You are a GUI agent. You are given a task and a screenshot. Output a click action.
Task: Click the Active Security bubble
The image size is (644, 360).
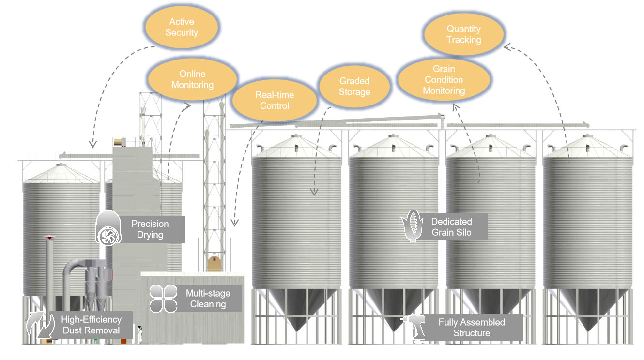[182, 28]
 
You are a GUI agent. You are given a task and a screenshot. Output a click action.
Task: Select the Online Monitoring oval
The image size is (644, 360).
[192, 79]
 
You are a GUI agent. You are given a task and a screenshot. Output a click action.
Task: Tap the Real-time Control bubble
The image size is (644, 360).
[275, 100]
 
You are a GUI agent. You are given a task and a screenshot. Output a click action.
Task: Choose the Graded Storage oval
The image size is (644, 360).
[354, 87]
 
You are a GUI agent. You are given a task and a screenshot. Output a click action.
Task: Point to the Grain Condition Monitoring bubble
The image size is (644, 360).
[444, 80]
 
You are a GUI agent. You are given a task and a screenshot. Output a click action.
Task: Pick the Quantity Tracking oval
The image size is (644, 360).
[463, 34]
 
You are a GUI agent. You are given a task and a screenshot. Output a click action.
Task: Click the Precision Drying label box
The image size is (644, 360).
[150, 229]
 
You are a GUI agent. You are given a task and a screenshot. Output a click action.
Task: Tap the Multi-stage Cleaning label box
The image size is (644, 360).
[208, 299]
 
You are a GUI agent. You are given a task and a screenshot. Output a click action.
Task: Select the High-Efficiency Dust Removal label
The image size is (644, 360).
[91, 325]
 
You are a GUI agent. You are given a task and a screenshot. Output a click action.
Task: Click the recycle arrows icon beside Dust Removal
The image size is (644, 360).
[40, 326]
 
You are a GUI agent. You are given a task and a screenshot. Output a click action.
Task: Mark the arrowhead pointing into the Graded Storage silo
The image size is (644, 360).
[314, 193]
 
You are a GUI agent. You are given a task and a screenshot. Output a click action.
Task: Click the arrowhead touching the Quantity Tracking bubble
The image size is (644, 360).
[506, 47]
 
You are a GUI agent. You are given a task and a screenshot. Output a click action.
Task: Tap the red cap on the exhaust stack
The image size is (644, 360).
[48, 238]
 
